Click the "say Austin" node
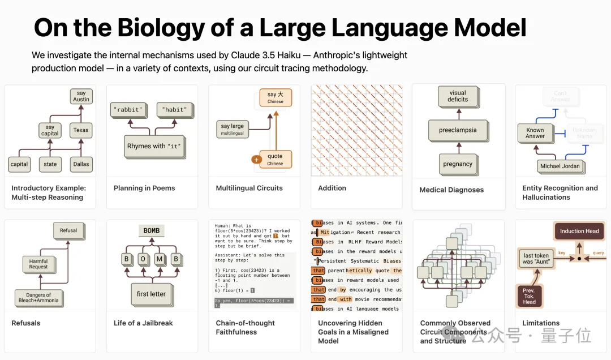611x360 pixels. tap(81, 96)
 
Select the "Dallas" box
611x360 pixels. tap(80, 164)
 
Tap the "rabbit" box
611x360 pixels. tap(127, 110)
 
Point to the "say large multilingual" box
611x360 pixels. tap(233, 130)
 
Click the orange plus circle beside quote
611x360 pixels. tap(256, 160)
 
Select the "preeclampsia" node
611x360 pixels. tap(458, 130)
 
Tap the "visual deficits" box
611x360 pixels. tap(458, 96)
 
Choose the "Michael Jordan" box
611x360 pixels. tap(560, 166)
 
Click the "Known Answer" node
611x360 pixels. tap(535, 133)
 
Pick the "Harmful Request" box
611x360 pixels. tap(38, 264)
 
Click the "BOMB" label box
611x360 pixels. tap(152, 230)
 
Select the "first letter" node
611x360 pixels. tap(151, 294)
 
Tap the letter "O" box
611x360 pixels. tap(143, 259)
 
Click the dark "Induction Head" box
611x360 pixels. tap(579, 232)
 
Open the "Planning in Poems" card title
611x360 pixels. tap(144, 188)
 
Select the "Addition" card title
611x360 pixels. tap(332, 188)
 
